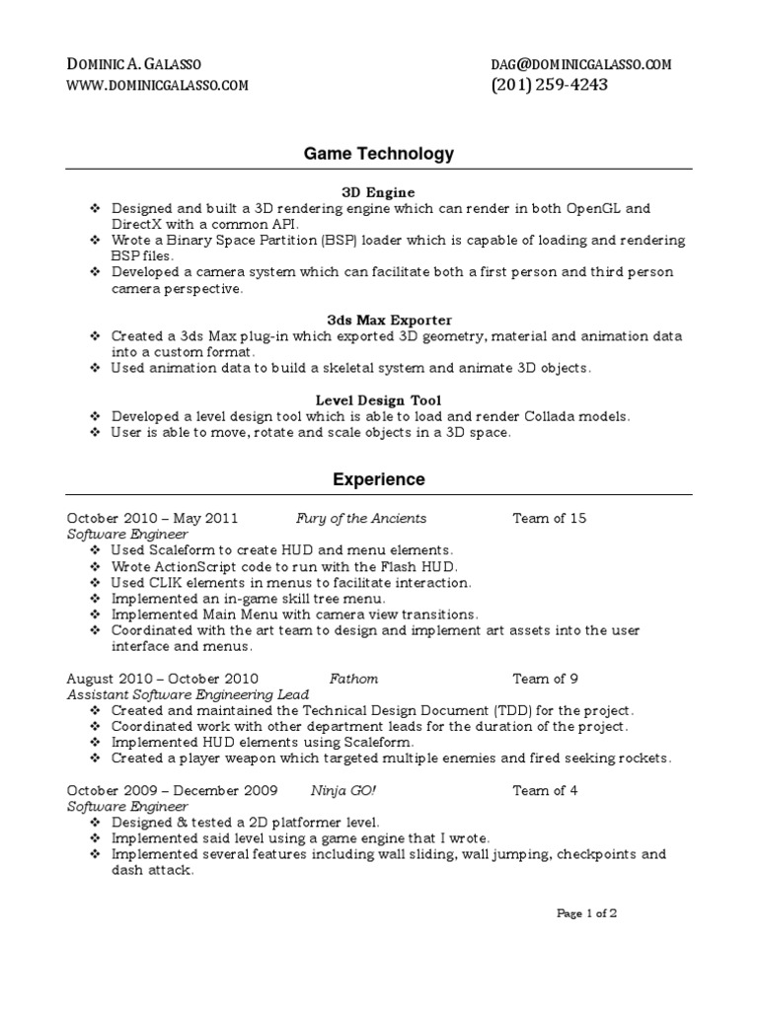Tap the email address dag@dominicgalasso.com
[x=580, y=64]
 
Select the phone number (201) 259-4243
[x=549, y=85]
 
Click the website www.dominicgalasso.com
[x=157, y=86]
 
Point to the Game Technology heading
[x=379, y=153]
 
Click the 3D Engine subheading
[x=379, y=192]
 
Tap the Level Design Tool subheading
[x=379, y=399]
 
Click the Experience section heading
[x=379, y=479]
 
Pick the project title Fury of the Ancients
[x=361, y=518]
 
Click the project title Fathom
[x=353, y=679]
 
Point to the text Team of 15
[x=550, y=518]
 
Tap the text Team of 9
[x=546, y=679]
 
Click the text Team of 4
[x=546, y=790]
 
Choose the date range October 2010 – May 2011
[x=152, y=518]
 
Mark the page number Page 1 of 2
[x=587, y=914]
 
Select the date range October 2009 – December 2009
[x=172, y=790]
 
